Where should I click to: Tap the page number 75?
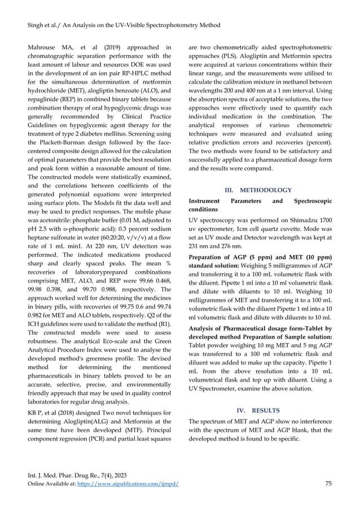click(x=330, y=484)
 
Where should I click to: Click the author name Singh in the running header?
click(x=29, y=25)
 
